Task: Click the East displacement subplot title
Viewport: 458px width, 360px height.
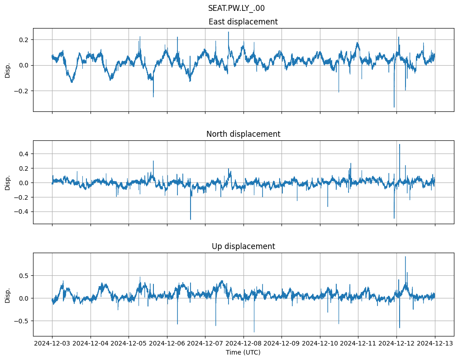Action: coord(243,22)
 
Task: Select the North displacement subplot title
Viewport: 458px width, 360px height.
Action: coord(243,134)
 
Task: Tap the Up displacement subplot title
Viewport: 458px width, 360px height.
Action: coord(243,246)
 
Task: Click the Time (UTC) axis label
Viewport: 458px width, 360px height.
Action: coord(243,352)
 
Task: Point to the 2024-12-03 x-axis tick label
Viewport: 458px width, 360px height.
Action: coord(52,343)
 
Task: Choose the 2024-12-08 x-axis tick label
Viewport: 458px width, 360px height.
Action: coord(243,343)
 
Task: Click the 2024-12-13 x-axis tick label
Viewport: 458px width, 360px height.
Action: coord(435,343)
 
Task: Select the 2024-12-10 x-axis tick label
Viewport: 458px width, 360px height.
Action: coord(320,343)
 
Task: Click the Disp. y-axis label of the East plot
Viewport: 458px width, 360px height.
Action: coord(8,70)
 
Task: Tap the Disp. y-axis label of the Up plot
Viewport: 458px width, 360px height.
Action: coord(8,295)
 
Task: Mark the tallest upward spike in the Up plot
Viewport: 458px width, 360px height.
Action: coord(405,257)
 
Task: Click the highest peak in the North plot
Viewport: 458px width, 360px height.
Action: coord(399,144)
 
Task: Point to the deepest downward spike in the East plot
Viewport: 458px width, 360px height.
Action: coord(394,107)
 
